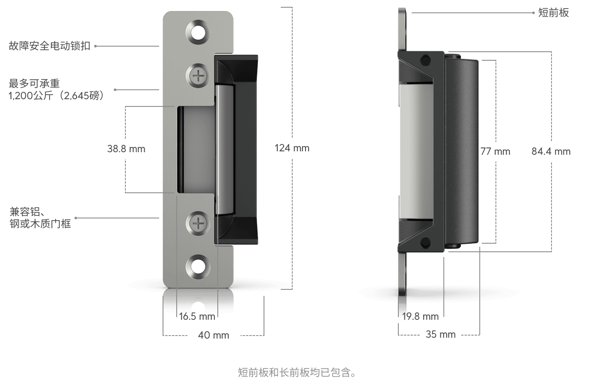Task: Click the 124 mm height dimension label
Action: pyautogui.click(x=292, y=148)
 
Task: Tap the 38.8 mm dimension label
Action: pyautogui.click(x=126, y=149)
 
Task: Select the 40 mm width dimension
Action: pyautogui.click(x=214, y=335)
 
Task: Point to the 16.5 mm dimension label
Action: pyautogui.click(x=197, y=317)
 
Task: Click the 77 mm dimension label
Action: pyautogui.click(x=495, y=151)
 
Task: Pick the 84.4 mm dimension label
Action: pyautogui.click(x=551, y=151)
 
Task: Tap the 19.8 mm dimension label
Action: pyautogui.click(x=421, y=317)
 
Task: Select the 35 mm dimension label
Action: pyautogui.click(x=440, y=335)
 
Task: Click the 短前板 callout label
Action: pyautogui.click(x=553, y=13)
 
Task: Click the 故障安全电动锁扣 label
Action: pyautogui.click(x=50, y=46)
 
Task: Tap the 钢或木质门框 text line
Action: pyautogui.click(x=40, y=224)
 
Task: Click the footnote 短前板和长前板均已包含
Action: pyautogui.click(x=297, y=373)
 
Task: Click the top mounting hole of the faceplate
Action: pyautogui.click(x=198, y=32)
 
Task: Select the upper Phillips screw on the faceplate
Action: pyautogui.click(x=198, y=77)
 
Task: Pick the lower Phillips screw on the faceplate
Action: pyautogui.click(x=198, y=223)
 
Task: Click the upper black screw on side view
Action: pyautogui.click(x=425, y=60)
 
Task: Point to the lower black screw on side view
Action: pyautogui.click(x=425, y=243)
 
